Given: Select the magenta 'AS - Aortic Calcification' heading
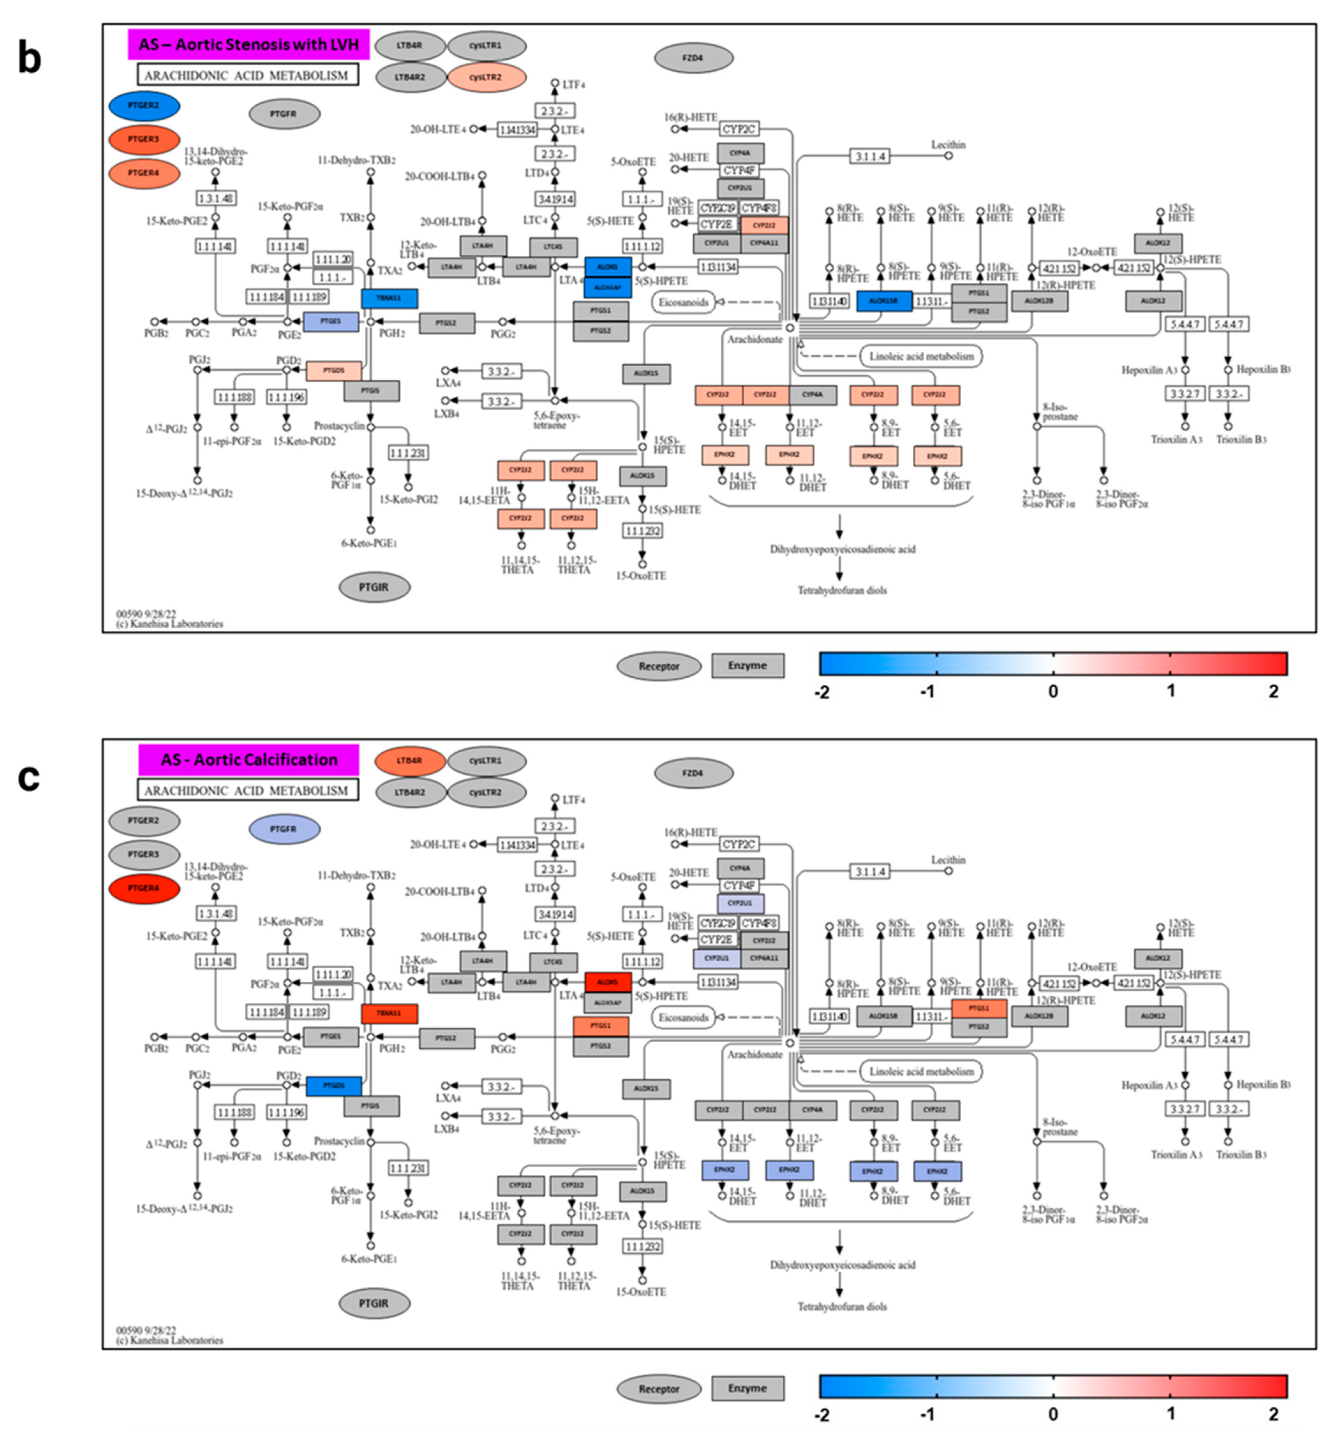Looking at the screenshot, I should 248,760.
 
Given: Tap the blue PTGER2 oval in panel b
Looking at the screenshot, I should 144,105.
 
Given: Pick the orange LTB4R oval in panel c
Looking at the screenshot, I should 409,761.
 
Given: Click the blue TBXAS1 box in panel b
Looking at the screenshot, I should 389,298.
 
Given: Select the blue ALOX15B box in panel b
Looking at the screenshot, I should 883,301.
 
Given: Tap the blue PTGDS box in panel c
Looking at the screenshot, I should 333,1085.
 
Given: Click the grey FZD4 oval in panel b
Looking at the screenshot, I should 693,58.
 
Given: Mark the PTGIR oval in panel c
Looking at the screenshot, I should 374,1303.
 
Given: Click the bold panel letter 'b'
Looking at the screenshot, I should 29,58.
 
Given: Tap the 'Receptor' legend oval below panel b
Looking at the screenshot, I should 658,666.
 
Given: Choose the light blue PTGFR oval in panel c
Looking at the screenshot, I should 284,829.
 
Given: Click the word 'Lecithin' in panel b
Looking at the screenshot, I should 948,145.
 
